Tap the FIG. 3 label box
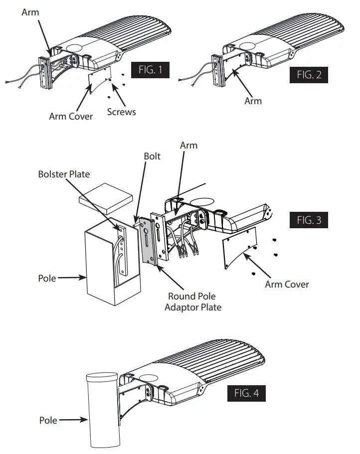[x=309, y=220]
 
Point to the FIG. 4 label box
[x=246, y=393]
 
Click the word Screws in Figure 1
[x=121, y=112]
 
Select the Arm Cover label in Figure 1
[x=71, y=116]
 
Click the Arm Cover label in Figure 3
[x=287, y=285]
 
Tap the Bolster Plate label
[x=63, y=174]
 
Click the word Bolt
[x=152, y=156]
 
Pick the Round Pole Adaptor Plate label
[x=192, y=302]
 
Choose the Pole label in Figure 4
[x=48, y=421]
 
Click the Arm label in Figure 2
[x=253, y=101]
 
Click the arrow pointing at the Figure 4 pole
[x=72, y=421]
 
